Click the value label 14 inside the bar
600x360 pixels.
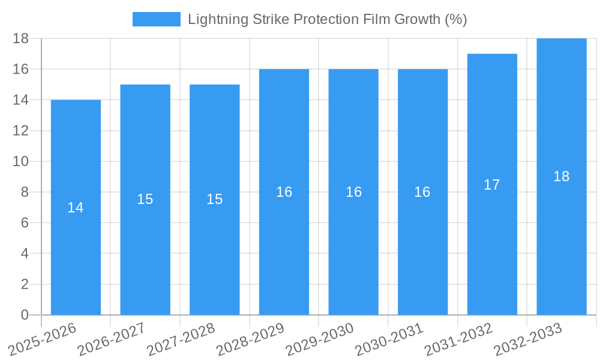(76, 208)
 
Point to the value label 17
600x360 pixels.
(492, 185)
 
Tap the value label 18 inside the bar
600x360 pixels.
(562, 176)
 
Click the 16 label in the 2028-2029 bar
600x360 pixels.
(284, 192)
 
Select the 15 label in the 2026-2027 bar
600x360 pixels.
(145, 199)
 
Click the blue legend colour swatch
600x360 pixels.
(156, 19)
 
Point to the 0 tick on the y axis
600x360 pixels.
(25, 315)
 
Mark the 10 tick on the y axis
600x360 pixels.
(21, 161)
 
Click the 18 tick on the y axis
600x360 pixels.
(21, 38)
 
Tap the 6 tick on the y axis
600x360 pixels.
(25, 223)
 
